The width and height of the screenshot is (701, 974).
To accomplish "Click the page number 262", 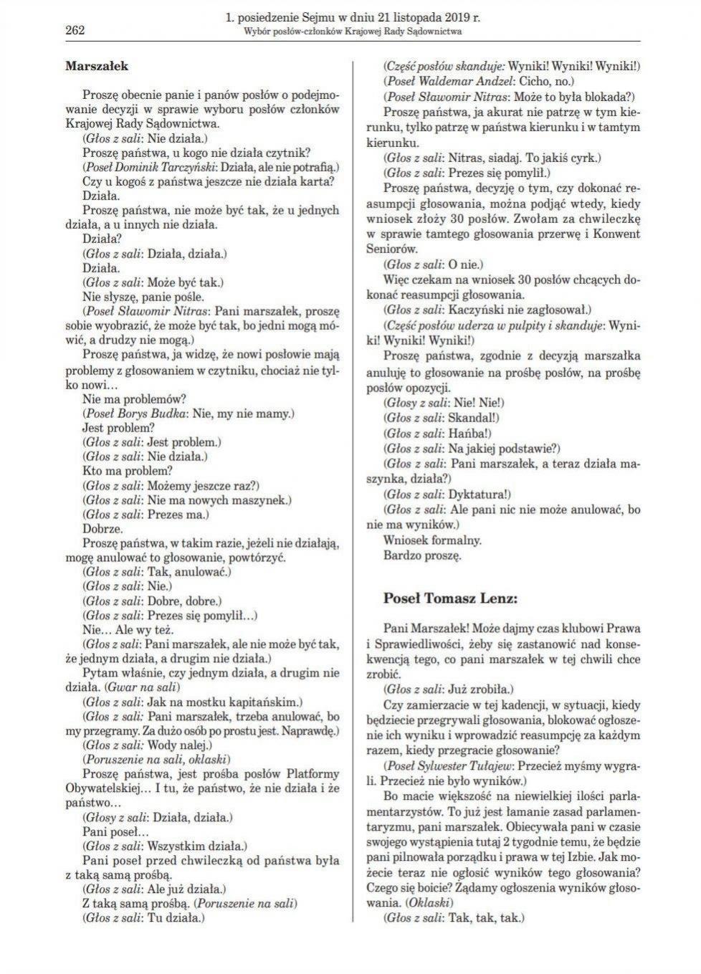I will pos(75,29).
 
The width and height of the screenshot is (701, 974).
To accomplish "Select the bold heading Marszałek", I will pos(96,66).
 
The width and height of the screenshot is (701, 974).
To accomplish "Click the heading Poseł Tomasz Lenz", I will pos(450,598).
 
